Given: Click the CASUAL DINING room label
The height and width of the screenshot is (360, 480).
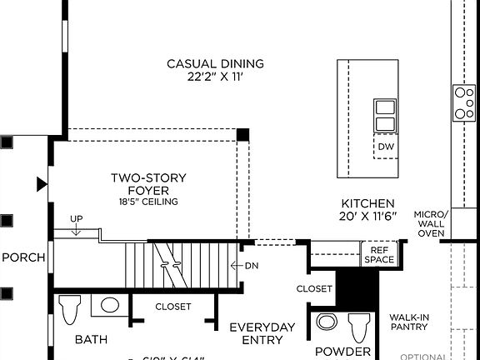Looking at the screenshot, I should tap(215, 63).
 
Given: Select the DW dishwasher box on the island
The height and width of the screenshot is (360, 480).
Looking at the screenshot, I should tap(385, 147).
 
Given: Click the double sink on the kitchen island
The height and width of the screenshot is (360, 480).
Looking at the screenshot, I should tap(385, 116).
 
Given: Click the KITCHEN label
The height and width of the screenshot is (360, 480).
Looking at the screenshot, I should tap(367, 203).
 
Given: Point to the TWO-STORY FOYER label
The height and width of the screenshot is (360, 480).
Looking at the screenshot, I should tap(148, 184).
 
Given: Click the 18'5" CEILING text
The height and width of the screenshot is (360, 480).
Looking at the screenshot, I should tap(148, 202).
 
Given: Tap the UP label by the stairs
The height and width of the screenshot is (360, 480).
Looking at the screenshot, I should tap(77, 219).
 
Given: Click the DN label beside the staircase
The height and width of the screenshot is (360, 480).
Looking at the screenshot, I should tap(252, 266).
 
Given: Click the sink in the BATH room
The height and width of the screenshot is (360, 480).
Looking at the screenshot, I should tap(109, 305).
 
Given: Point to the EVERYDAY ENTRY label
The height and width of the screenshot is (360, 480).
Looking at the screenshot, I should tap(262, 333).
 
